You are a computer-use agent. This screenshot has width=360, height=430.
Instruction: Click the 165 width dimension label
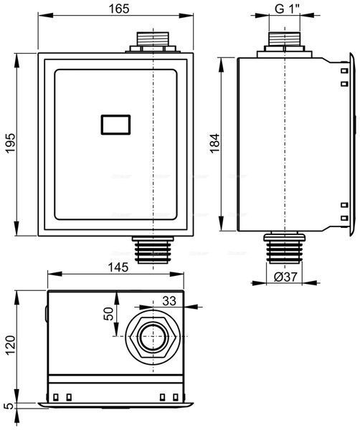(119, 9)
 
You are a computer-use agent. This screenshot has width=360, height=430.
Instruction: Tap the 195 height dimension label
(11, 143)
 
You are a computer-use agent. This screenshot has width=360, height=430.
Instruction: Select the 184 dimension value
(214, 143)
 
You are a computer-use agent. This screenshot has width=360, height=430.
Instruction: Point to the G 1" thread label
(287, 9)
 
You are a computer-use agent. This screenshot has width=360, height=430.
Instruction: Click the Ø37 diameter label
(285, 277)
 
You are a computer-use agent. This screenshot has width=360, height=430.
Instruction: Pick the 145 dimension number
(118, 267)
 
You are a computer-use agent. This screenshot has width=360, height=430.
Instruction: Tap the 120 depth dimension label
(11, 345)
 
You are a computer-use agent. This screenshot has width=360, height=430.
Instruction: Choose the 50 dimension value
(108, 313)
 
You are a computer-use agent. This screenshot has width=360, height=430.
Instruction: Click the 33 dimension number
(169, 300)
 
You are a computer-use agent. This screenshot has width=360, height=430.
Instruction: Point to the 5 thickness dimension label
(10, 406)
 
